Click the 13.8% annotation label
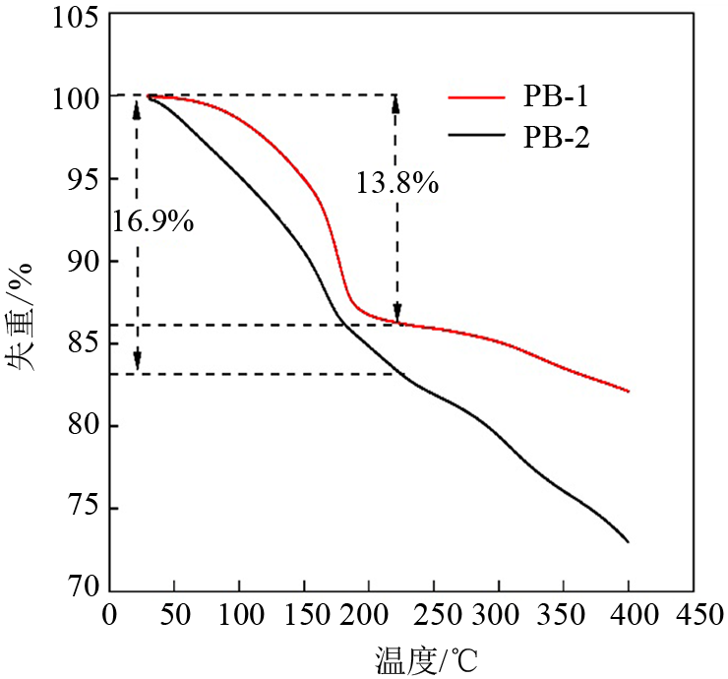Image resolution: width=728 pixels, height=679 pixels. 397,182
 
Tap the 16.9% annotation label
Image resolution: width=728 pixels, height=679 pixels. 152,221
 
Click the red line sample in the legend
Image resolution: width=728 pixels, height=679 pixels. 476,97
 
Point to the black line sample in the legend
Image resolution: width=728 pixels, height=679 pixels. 476,138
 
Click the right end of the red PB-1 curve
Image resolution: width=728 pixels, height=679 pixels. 628,391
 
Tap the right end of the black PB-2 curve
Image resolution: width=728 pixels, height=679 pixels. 628,541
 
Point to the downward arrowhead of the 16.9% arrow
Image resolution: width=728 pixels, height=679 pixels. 137,366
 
